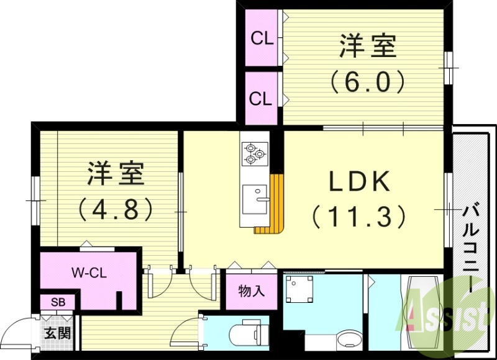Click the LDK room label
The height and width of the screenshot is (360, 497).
tap(359, 181)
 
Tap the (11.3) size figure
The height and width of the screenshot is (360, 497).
tap(359, 217)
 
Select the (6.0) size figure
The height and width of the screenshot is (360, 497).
tap(367, 81)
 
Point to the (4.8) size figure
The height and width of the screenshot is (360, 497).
tap(116, 209)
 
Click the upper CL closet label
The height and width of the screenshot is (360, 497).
tap(262, 38)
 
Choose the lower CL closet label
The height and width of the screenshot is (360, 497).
tap(262, 99)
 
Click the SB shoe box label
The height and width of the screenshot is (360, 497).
tap(58, 302)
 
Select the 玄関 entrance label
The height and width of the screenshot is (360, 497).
tap(57, 332)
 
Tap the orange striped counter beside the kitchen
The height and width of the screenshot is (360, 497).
tap(273, 205)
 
